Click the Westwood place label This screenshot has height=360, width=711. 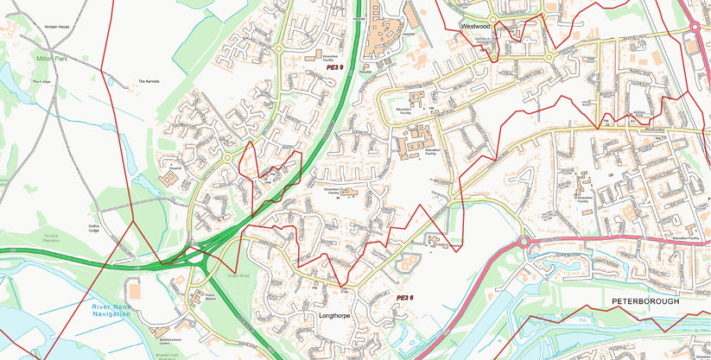click(x=475, y=27)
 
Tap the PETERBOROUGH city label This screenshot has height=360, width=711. click(x=645, y=301)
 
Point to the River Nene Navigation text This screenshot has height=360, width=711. click(x=112, y=310)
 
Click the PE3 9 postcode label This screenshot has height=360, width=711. click(x=334, y=67)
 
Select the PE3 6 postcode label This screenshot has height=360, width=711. click(x=404, y=298)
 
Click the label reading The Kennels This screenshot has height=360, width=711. click(x=149, y=82)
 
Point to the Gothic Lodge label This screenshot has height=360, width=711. click(x=95, y=229)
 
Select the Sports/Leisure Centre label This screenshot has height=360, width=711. click(x=158, y=331)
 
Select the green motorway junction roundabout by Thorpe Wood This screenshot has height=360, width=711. click(x=198, y=256)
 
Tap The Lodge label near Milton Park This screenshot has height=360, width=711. click(x=42, y=82)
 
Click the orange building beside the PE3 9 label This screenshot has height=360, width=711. click(x=308, y=58)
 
